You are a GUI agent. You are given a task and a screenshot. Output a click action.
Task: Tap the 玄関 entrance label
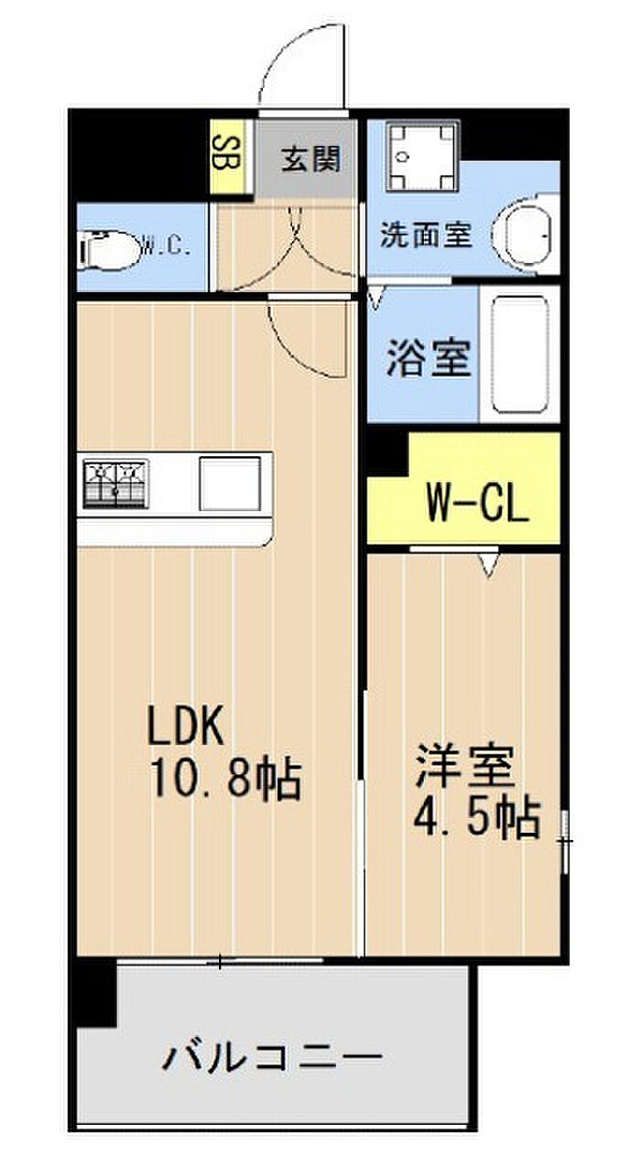(310, 158)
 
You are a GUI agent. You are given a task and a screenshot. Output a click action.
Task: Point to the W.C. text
(167, 245)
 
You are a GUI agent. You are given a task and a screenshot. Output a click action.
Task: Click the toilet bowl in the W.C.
(109, 251)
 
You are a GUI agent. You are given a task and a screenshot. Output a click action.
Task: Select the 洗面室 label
(427, 235)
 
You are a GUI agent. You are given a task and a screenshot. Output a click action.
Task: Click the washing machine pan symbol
(422, 157)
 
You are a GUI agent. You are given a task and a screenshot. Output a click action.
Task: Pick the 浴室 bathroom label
(429, 358)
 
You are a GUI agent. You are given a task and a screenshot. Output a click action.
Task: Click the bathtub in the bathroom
(520, 354)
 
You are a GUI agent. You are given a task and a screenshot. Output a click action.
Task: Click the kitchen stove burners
(116, 484)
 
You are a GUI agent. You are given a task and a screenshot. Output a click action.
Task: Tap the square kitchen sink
(230, 484)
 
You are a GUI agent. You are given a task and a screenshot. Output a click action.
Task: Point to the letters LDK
(187, 725)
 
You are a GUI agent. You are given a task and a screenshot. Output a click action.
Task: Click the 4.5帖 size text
(477, 820)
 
